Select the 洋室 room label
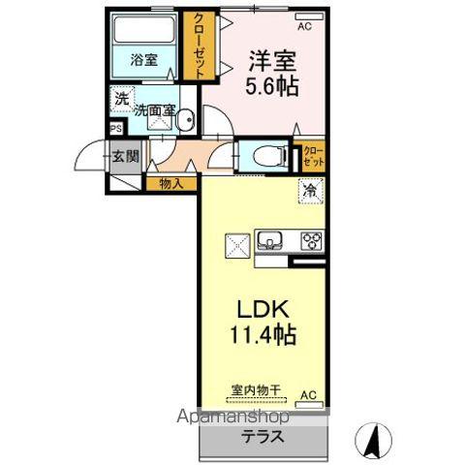coord(271,59)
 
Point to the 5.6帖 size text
coord(271,85)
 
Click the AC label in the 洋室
coord(304,26)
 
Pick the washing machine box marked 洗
coord(120,99)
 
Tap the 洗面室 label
coord(155,110)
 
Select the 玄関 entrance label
coord(125,154)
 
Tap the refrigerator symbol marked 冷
coord(309,191)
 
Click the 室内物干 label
coord(255,391)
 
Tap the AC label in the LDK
coord(307,395)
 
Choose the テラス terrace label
coord(263,436)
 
